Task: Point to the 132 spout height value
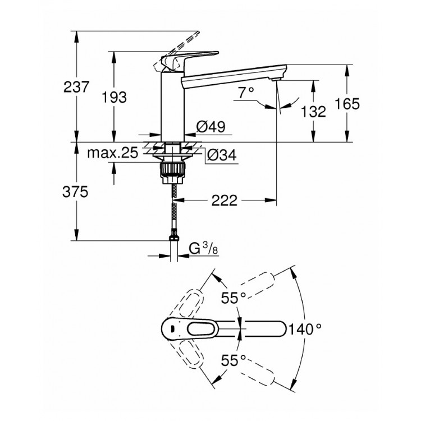pyautogui.click(x=314, y=111)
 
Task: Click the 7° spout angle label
pyautogui.click(x=246, y=93)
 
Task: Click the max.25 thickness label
pyautogui.click(x=112, y=153)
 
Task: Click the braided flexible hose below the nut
pyautogui.click(x=173, y=213)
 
